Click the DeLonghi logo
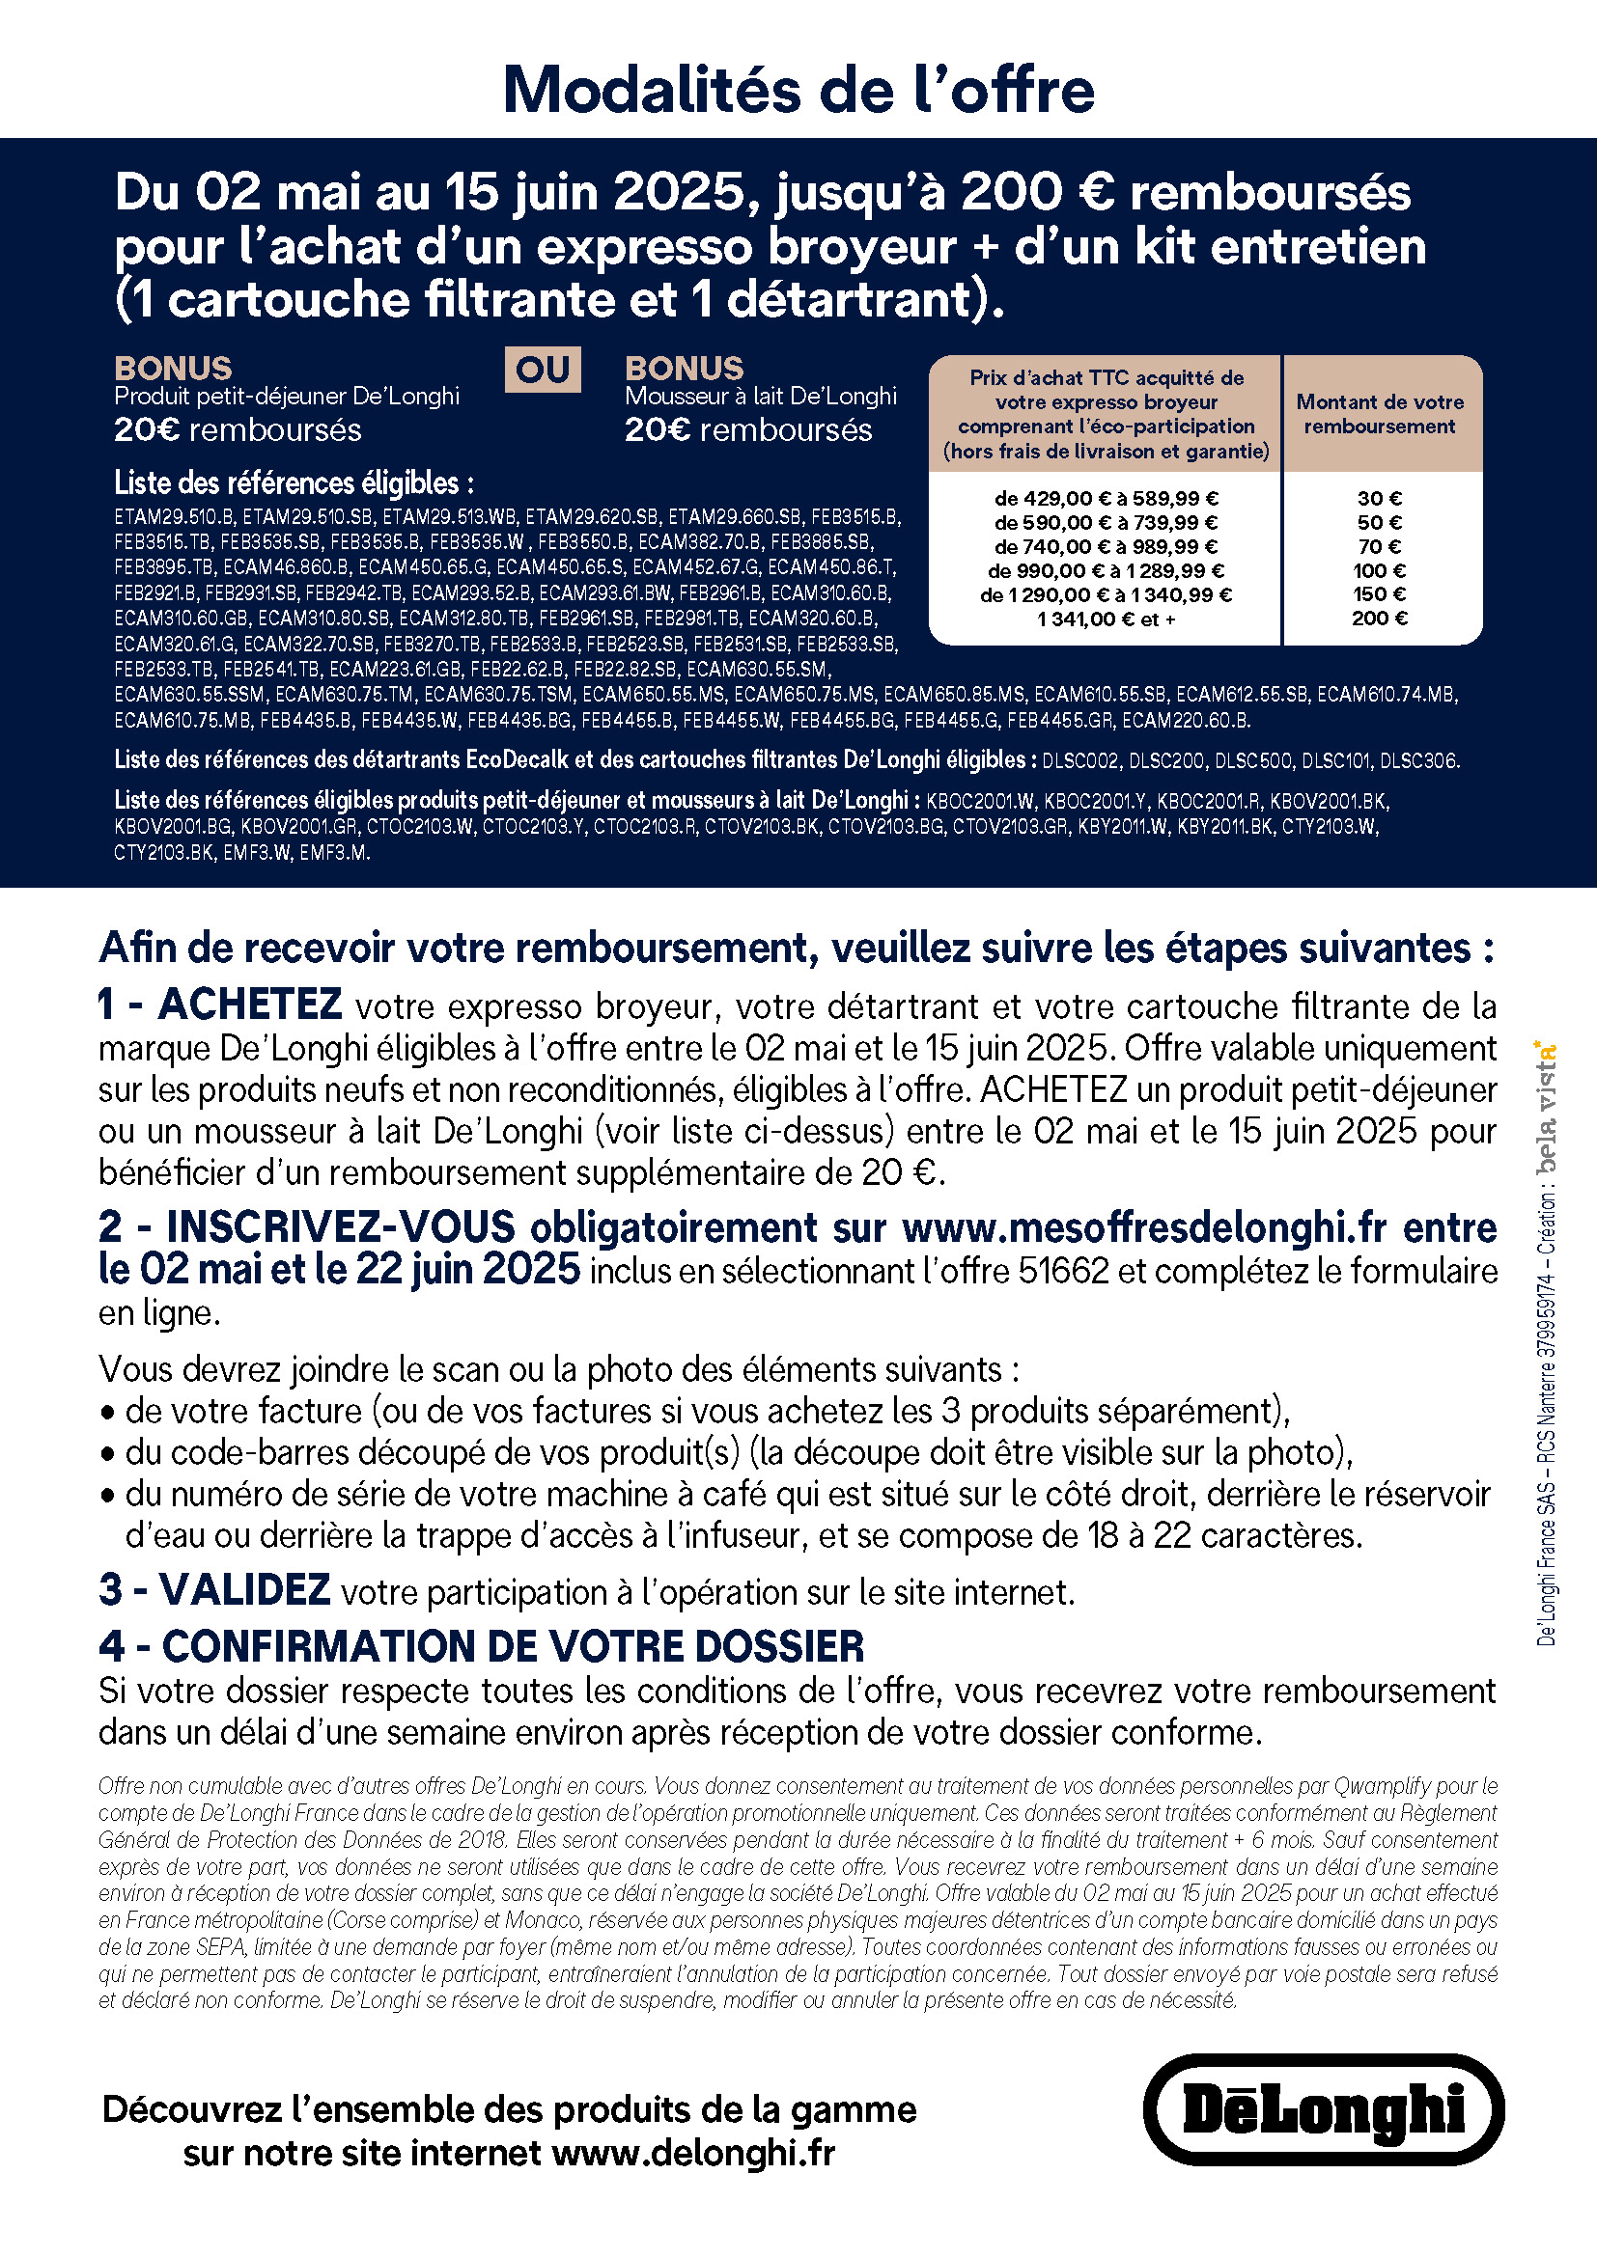1323,2109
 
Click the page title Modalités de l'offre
798,90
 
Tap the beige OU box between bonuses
543,370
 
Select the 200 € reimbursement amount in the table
1380,619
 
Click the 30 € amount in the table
1380,498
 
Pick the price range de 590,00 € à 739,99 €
1106,522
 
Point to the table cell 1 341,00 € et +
1106,619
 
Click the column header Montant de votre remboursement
1380,414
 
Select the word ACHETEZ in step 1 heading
250,1005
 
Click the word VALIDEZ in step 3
244,1590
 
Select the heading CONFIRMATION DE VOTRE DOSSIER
513,1645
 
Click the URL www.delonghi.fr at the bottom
693,2153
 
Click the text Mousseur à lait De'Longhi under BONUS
760,397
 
